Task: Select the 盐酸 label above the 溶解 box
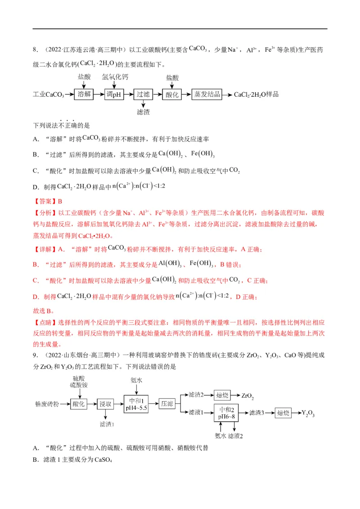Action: pyautogui.click(x=83, y=77)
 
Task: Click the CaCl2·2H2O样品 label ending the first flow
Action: pyautogui.click(x=256, y=94)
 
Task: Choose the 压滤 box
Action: pyautogui.click(x=167, y=403)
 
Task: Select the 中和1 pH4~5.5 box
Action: pyautogui.click(x=136, y=403)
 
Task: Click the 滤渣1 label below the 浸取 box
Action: pyautogui.click(x=107, y=424)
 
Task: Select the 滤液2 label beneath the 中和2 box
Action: pyautogui.click(x=236, y=436)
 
